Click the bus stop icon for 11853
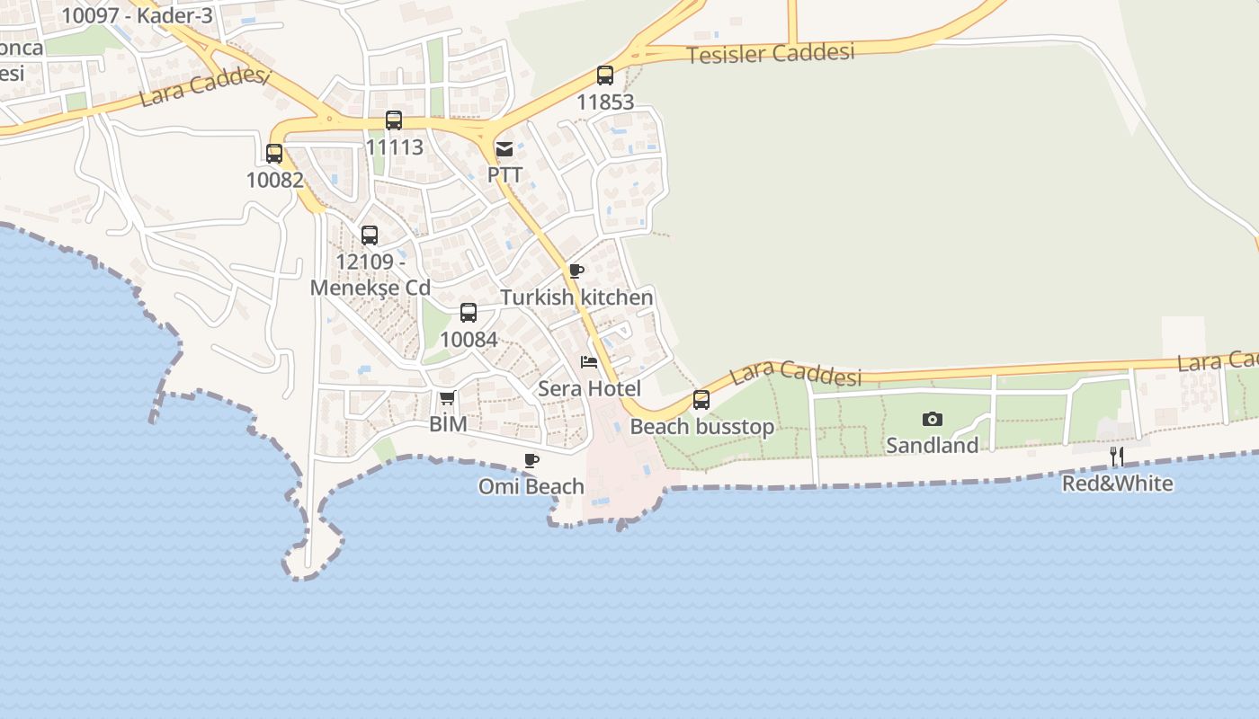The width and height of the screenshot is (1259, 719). [x=605, y=75]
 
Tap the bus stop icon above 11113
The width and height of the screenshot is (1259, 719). [x=394, y=120]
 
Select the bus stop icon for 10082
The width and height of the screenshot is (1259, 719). [x=274, y=154]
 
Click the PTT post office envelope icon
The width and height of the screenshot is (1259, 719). [x=504, y=148]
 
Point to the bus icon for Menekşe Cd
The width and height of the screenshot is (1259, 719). [x=370, y=235]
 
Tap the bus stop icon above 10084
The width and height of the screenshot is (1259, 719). [x=469, y=313]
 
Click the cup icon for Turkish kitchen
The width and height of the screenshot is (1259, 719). [x=576, y=271]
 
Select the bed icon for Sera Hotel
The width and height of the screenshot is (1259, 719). [x=589, y=362]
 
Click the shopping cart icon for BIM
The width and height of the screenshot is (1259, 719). [x=447, y=397]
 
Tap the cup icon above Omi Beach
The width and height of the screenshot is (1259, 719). [x=531, y=460]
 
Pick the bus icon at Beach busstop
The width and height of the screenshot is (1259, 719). [x=701, y=400]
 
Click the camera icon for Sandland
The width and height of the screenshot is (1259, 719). [x=933, y=419]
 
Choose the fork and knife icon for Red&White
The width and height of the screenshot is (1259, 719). [x=1117, y=457]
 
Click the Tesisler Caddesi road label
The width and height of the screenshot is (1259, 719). [x=770, y=53]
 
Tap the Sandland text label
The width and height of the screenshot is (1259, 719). [x=933, y=445]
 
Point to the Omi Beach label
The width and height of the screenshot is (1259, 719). [x=531, y=486]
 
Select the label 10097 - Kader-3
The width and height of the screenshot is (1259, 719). [x=137, y=15]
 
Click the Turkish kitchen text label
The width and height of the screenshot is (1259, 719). [x=576, y=297]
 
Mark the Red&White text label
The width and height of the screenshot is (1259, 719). [x=1118, y=484]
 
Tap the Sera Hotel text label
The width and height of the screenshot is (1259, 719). [x=589, y=388]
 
